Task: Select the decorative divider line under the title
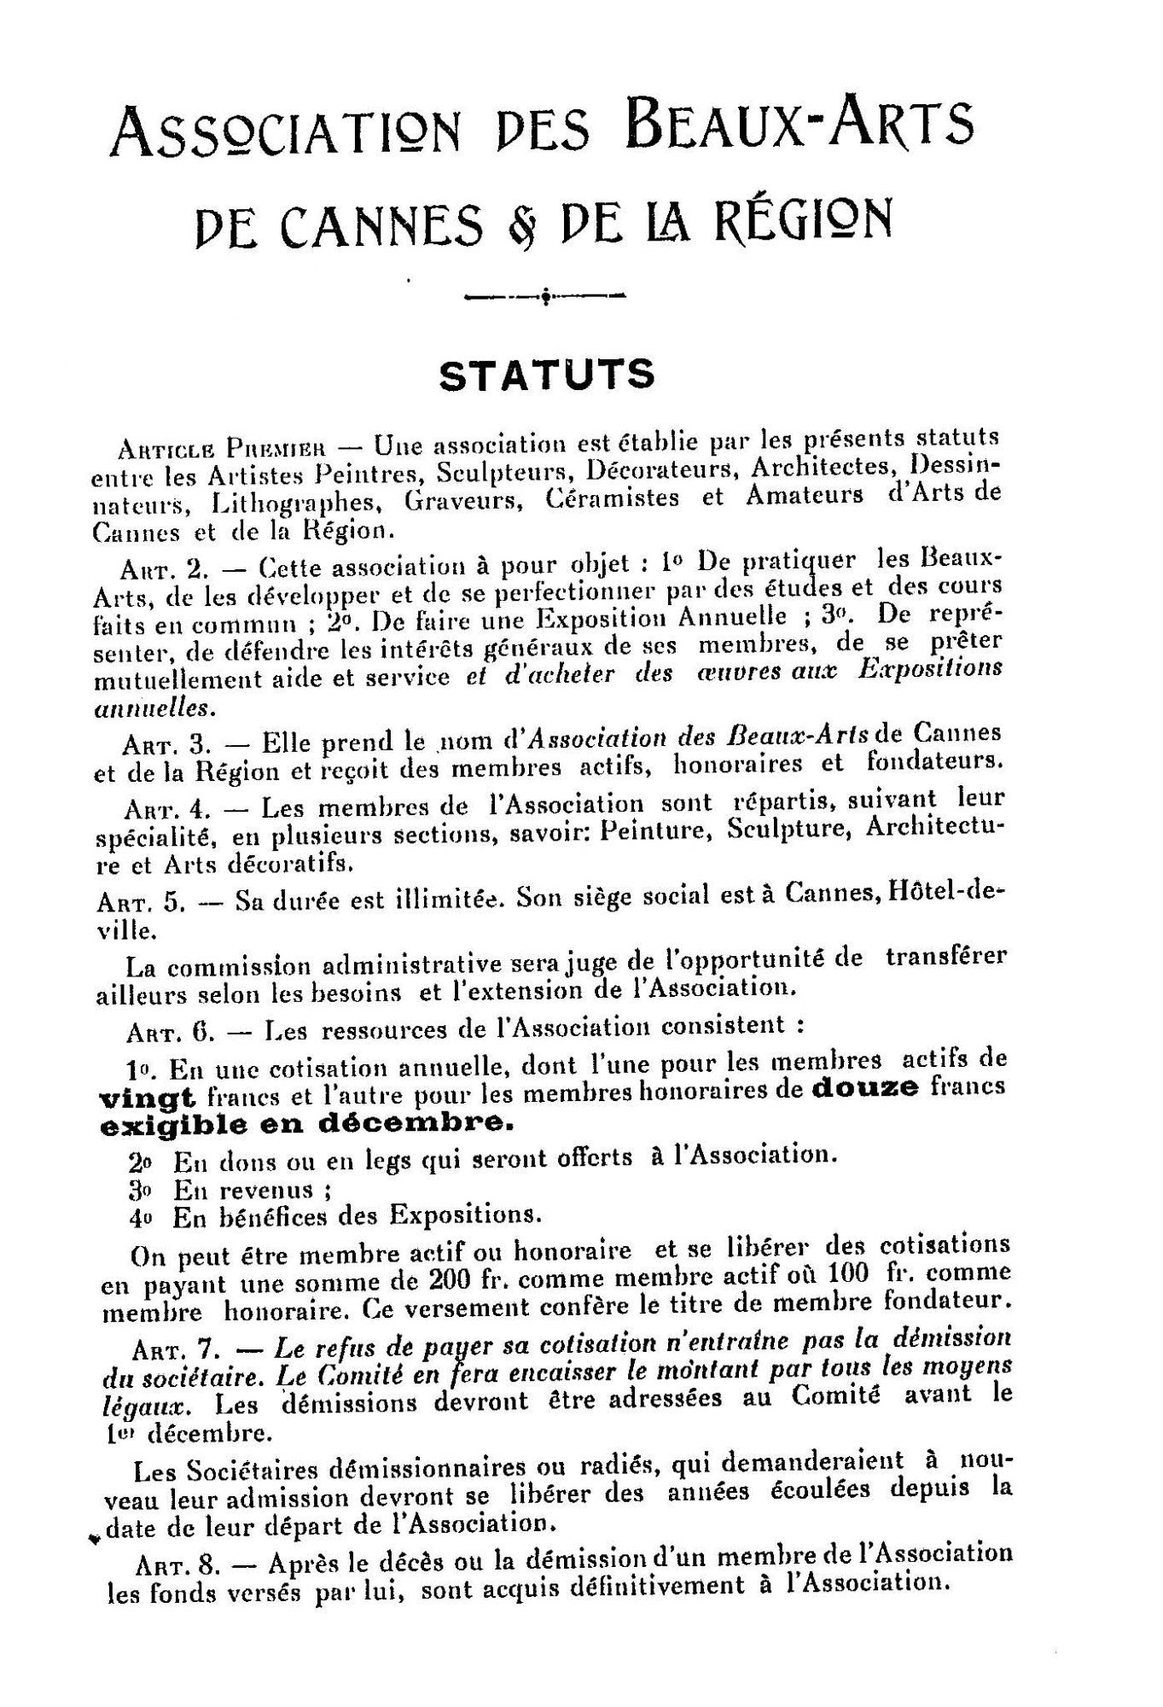tap(544, 297)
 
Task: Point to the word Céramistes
tap(613, 498)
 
